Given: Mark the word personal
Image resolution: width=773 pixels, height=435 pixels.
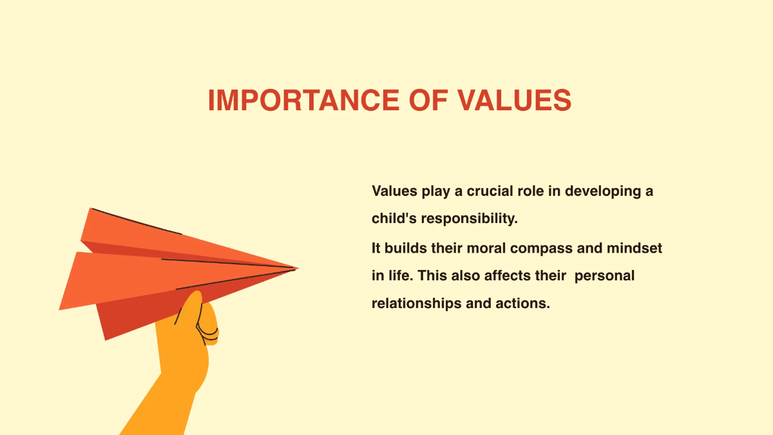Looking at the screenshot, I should (604, 276).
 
